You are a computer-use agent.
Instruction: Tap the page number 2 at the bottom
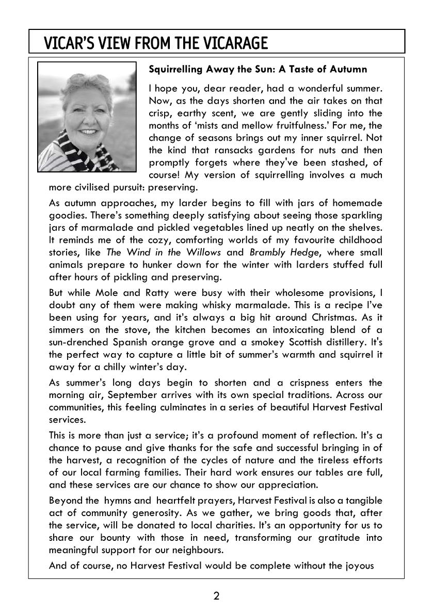point(216,596)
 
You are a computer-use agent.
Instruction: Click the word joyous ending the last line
point(364,566)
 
